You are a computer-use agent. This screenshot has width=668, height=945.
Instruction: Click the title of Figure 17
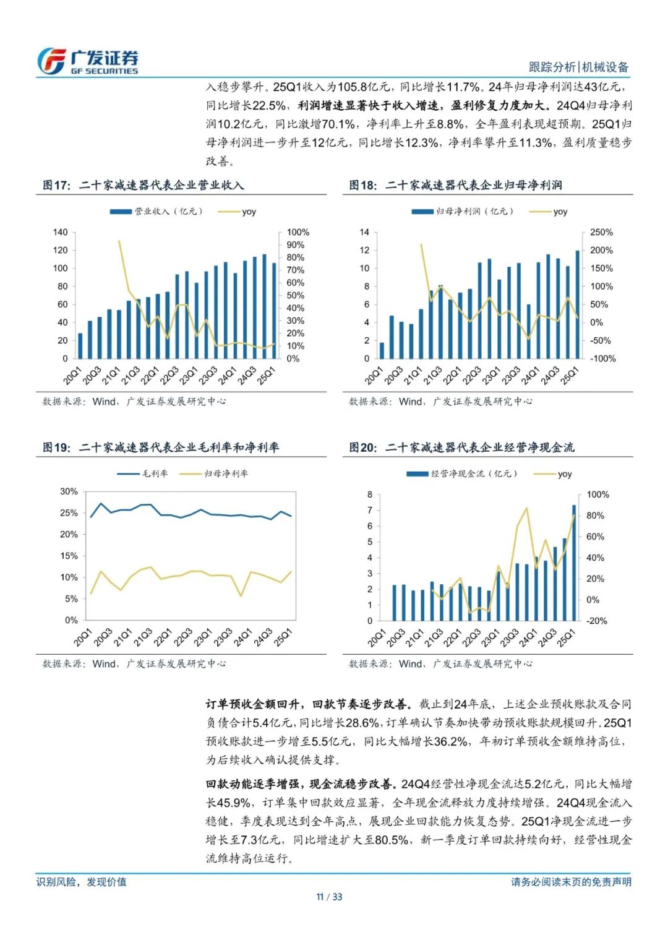143,185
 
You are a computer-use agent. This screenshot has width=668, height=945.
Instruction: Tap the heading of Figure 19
160,447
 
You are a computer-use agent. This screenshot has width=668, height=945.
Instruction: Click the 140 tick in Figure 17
60,233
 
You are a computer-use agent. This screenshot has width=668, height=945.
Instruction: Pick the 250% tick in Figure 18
601,233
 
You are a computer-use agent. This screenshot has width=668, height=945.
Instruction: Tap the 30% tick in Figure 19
69,491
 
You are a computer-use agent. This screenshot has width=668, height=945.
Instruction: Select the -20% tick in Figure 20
596,621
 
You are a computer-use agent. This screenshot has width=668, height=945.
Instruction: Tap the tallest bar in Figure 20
574,563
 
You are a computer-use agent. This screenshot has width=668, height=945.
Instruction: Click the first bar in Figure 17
80,346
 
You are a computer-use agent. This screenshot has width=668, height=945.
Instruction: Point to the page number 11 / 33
329,897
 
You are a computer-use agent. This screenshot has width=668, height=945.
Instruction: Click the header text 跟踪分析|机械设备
578,67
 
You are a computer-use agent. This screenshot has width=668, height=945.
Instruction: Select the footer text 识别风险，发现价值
81,882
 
